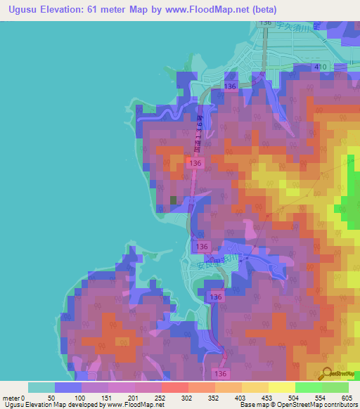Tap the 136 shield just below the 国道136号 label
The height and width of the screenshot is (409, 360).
(x=196, y=163)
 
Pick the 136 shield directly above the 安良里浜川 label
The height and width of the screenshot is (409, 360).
(x=202, y=247)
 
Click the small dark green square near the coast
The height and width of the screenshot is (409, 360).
(x=173, y=200)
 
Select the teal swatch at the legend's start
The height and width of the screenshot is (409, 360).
(x=41, y=387)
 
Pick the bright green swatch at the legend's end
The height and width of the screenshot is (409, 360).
(x=335, y=387)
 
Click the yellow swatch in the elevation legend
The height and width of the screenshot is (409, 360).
(x=282, y=387)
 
